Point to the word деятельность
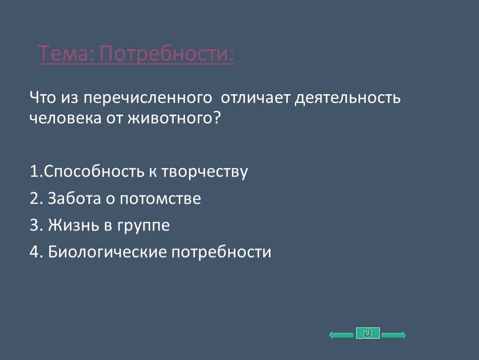(x=348, y=98)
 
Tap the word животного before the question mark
(x=170, y=118)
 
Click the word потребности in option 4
(x=221, y=252)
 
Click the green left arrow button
(x=342, y=335)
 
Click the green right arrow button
(x=394, y=335)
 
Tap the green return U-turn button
(x=368, y=333)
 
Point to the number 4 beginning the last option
(x=34, y=252)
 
